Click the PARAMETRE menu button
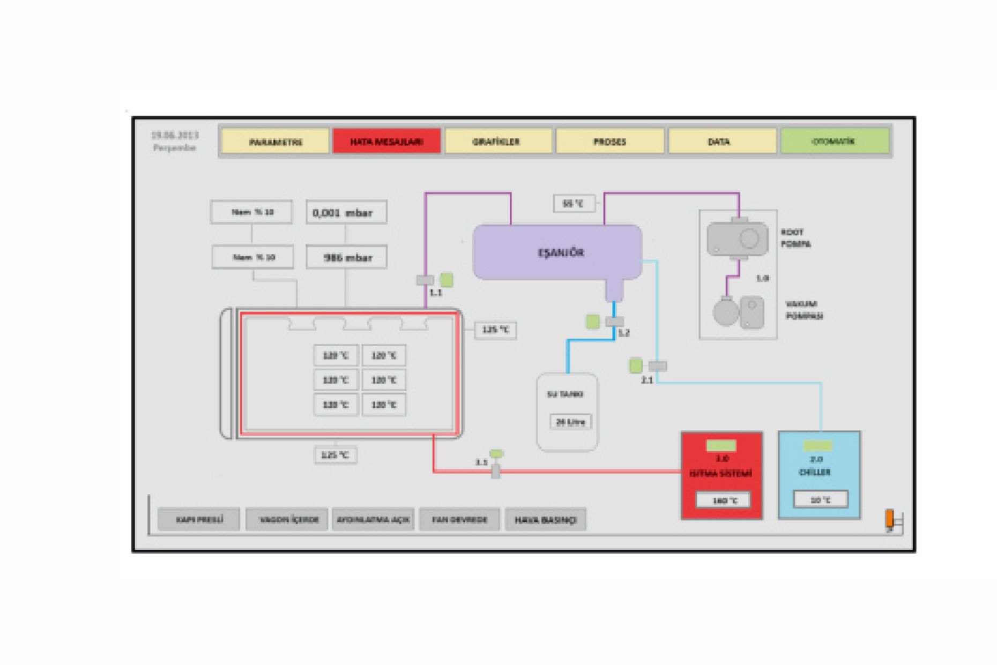pos(275,141)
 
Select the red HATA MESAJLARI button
pos(386,141)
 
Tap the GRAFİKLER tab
pos(498,141)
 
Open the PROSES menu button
pos(609,141)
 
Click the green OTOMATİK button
pos(834,141)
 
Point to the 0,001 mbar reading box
pos(346,213)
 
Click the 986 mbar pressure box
pos(346,258)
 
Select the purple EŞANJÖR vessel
pos(557,252)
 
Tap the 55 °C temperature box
pos(574,204)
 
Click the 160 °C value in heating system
pos(723,500)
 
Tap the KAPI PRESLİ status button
pos(199,519)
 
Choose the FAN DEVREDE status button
pos(459,519)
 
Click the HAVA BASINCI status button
pos(545,519)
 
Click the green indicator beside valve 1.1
pos(447,279)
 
